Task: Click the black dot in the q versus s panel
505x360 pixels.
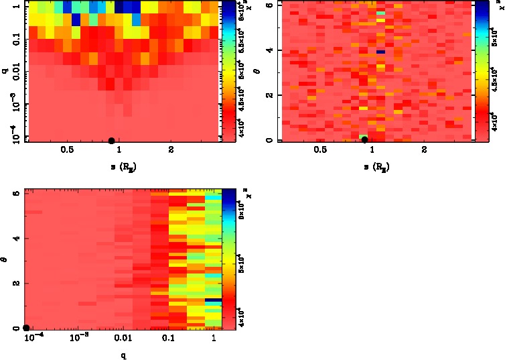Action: click(111, 140)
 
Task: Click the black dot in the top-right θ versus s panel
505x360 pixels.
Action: click(364, 139)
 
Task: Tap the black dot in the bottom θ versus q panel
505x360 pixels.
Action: click(26, 328)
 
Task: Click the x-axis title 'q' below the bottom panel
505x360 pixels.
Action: click(123, 354)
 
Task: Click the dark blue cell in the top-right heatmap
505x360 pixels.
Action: click(380, 51)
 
